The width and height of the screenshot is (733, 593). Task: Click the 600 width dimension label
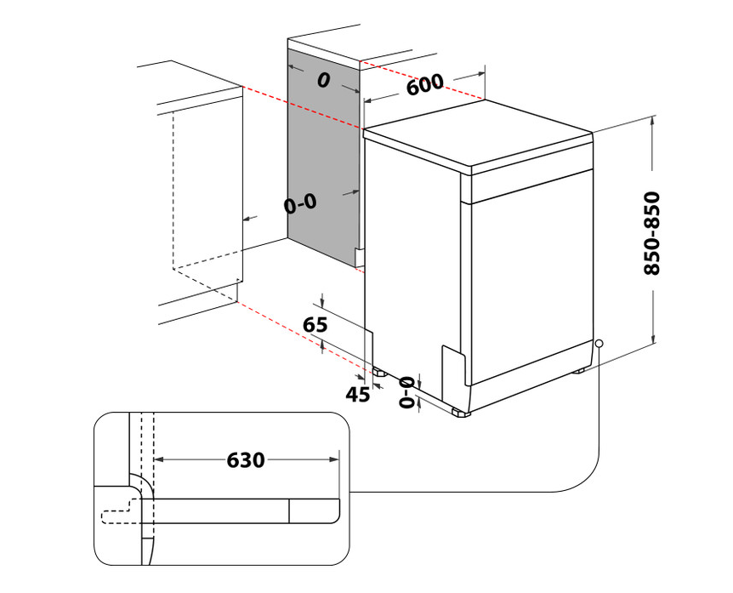pos(424,84)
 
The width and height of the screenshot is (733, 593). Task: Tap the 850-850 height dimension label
pos(651,232)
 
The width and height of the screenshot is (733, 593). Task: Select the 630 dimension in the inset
pos(246,460)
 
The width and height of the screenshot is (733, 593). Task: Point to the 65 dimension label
pos(315,324)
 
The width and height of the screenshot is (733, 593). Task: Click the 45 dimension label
pos(358,395)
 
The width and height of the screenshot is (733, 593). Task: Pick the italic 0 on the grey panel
pos(323,81)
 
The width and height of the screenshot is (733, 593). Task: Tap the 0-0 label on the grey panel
pos(300,204)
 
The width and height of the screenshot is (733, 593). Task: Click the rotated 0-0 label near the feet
pos(406,392)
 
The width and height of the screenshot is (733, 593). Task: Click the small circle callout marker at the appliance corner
pos(599,344)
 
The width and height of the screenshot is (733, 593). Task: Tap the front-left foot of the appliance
pos(460,413)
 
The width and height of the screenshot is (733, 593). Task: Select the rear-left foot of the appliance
pos(378,372)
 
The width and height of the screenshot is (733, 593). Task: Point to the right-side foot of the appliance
pos(580,370)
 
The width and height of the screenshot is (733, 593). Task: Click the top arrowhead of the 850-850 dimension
pos(653,120)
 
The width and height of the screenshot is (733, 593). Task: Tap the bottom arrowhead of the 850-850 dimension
pos(654,339)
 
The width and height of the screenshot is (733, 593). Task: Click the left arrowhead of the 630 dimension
pos(158,459)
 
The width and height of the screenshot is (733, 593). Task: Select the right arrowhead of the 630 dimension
pos(334,459)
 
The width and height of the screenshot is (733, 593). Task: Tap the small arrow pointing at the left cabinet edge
pos(250,219)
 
